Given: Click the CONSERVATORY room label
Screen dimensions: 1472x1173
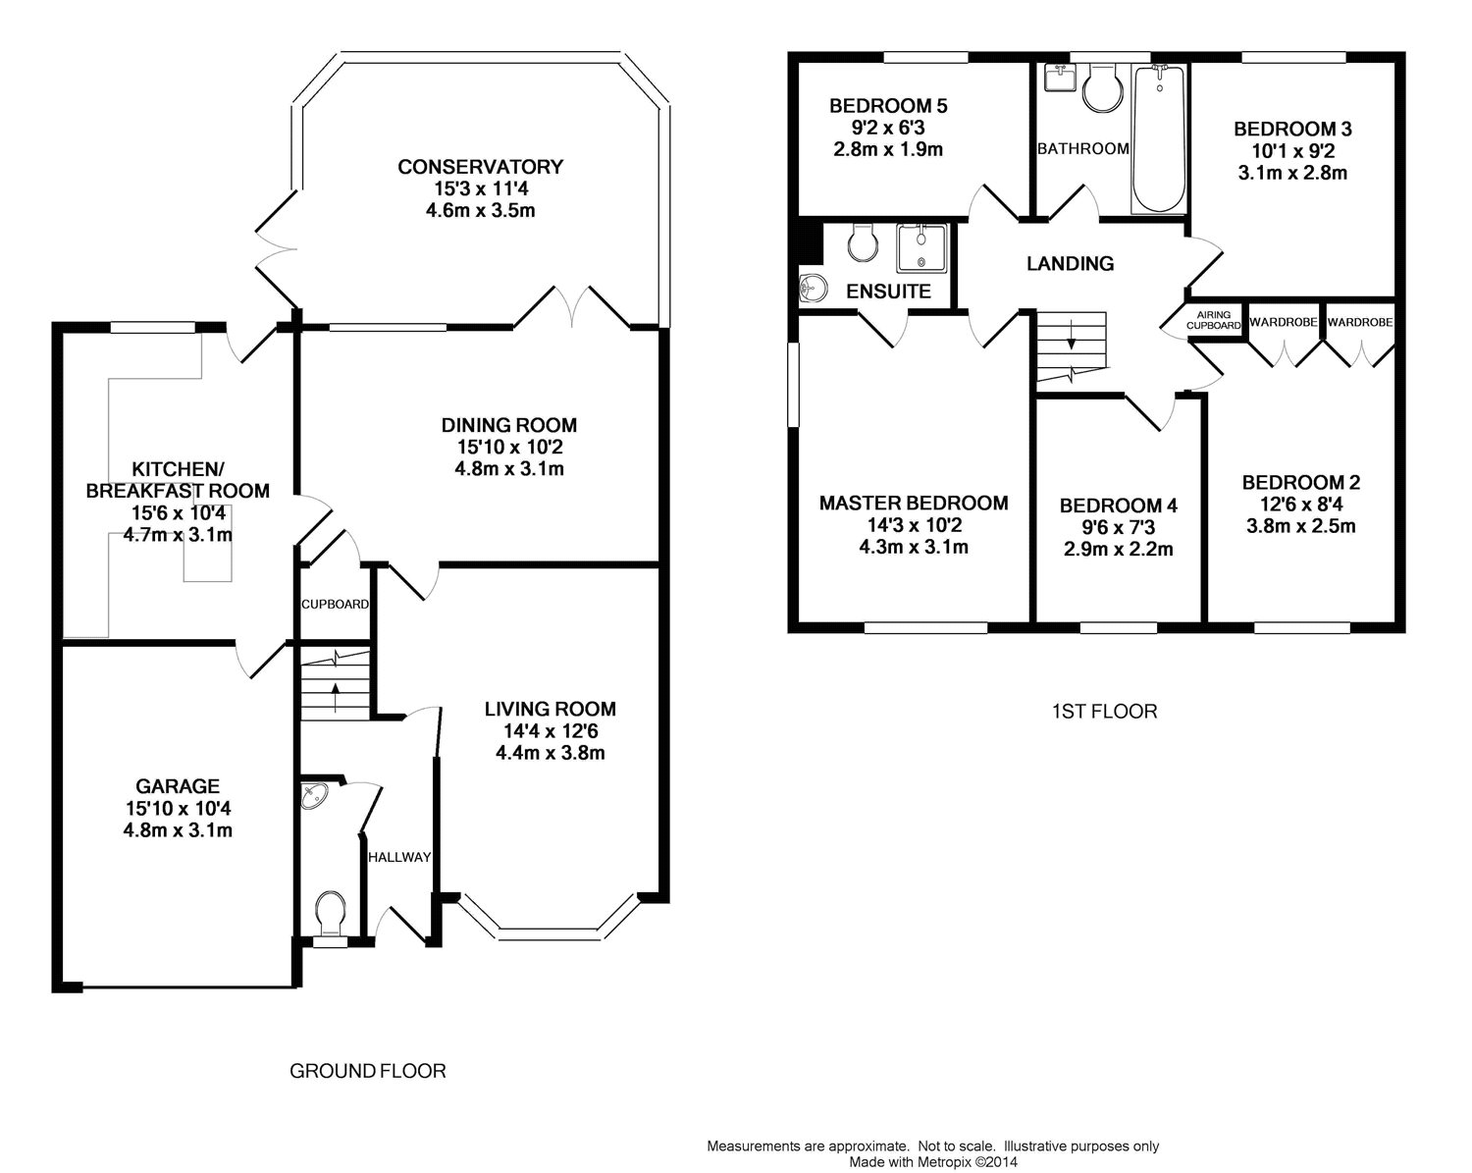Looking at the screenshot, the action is click(x=480, y=166).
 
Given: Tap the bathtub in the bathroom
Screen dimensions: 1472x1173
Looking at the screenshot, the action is click(x=1159, y=139).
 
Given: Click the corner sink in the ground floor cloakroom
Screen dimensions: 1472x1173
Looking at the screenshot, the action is click(x=314, y=795).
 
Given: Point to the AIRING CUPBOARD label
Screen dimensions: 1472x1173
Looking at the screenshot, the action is click(x=1214, y=320).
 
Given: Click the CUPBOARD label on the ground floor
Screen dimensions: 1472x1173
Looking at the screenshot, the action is click(x=335, y=605).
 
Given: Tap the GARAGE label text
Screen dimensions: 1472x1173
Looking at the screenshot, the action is click(x=178, y=786).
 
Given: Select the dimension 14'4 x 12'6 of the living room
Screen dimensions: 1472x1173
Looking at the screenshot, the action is click(x=551, y=731).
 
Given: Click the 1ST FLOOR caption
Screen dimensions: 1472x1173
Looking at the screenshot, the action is click(x=1104, y=712).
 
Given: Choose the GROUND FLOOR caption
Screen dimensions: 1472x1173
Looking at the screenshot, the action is click(x=367, y=1071).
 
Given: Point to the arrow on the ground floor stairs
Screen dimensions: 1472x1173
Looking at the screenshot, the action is click(x=336, y=697).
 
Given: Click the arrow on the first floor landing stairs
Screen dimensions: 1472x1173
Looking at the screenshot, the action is click(x=1072, y=334).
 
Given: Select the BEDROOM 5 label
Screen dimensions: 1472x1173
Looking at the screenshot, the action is click(x=888, y=106).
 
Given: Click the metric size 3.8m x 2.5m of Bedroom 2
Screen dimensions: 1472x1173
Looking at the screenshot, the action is click(x=1301, y=525).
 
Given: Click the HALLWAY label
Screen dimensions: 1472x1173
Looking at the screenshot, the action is click(x=399, y=857).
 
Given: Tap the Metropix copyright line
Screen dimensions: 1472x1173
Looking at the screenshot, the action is click(x=933, y=1162).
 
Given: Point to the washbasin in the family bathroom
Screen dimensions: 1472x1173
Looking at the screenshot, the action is click(x=1060, y=78).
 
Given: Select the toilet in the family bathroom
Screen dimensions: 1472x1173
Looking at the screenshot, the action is click(x=1103, y=88).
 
